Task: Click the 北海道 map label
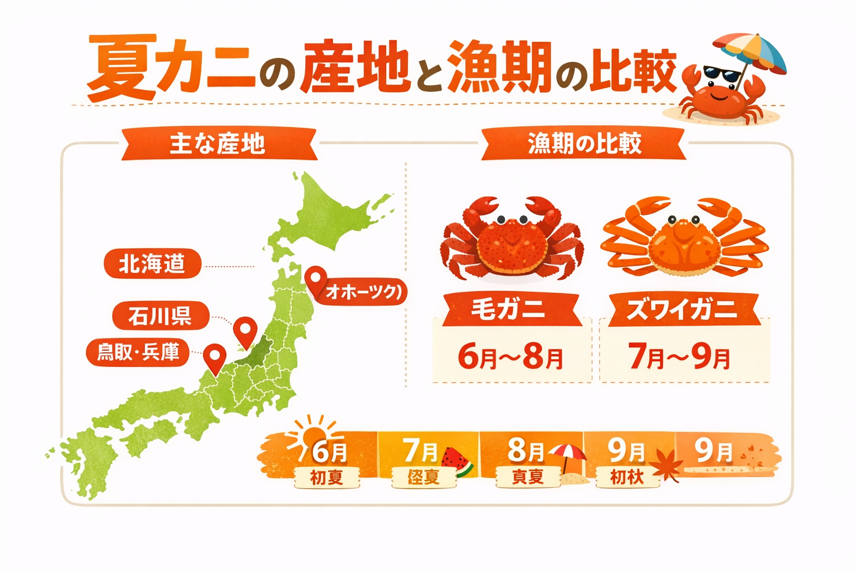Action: (152, 264)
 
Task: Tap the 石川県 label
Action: (160, 316)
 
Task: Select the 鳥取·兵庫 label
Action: (138, 352)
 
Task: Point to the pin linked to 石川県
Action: (245, 330)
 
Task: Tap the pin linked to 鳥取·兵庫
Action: (215, 357)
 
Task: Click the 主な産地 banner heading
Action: (218, 144)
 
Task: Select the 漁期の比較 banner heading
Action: (584, 144)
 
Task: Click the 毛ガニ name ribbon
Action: (508, 309)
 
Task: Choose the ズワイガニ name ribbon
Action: (683, 309)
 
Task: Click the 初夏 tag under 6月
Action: (327, 477)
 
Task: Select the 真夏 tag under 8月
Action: (527, 477)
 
